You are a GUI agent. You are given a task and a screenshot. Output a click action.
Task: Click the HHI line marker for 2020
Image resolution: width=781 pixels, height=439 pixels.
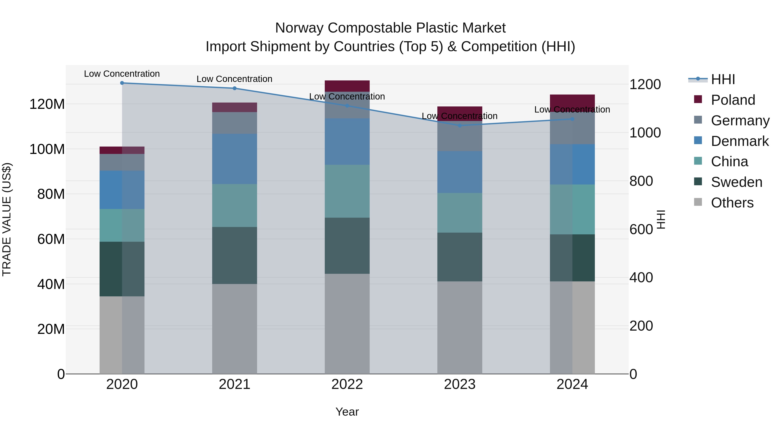pos(122,83)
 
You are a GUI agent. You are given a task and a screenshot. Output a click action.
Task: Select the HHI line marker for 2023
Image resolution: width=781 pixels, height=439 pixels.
pos(460,126)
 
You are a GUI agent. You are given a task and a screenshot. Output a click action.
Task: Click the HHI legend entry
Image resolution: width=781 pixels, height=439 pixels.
pos(723,79)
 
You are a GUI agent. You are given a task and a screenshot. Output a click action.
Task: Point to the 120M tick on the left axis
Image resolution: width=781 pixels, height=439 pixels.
pos(47,104)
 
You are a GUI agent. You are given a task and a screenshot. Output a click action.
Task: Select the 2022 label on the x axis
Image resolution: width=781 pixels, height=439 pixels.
pos(347,384)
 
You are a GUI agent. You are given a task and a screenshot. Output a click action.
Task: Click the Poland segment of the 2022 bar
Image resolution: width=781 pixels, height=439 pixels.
pos(347,86)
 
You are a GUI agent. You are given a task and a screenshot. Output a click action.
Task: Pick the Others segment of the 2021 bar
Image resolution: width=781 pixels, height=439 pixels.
pos(234,329)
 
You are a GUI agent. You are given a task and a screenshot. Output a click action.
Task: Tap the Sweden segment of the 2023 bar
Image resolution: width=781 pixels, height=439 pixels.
pos(460,257)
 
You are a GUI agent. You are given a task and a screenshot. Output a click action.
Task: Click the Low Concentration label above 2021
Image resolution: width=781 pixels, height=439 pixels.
pos(234,79)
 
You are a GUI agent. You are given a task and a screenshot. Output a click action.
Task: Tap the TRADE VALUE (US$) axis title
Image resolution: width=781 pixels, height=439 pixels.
pos(7,219)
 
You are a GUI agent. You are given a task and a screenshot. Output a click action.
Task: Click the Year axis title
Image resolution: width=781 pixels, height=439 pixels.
pos(347,412)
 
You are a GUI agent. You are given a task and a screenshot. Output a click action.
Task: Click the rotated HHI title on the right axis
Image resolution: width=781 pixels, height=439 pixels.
pos(661,219)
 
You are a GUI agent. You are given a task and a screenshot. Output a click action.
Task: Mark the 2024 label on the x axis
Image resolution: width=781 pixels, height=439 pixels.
pos(572,384)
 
